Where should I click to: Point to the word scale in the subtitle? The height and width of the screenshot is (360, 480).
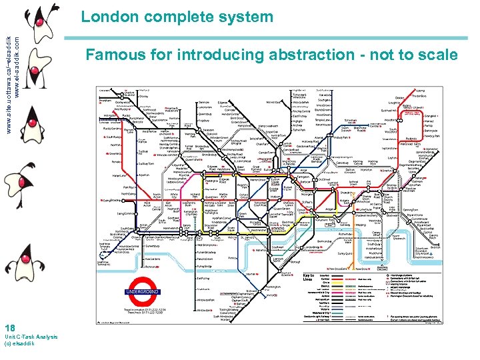tap(437, 55)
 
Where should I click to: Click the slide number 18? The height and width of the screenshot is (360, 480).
tap(9, 327)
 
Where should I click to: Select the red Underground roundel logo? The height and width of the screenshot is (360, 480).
tap(141, 291)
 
